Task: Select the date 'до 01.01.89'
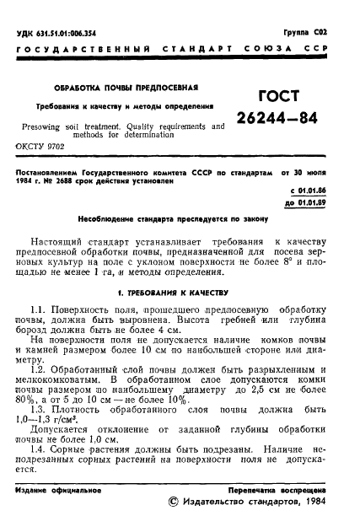pyautogui.click(x=315, y=204)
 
